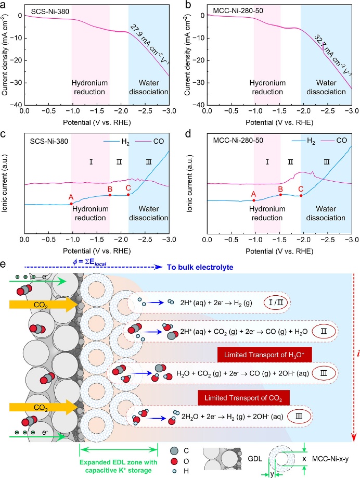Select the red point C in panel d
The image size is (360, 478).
click(301, 195)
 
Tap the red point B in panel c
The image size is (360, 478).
click(110, 195)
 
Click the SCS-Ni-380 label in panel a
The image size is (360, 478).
click(45, 10)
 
